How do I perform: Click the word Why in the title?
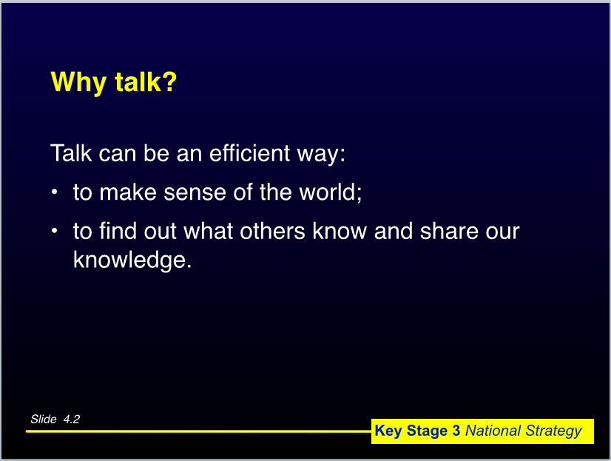78,83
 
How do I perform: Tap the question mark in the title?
169,81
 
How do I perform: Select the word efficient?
250,152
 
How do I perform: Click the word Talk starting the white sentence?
71,152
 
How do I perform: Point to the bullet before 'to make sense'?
55,192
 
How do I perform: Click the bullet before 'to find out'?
55,231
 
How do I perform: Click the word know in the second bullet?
340,231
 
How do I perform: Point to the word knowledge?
132,260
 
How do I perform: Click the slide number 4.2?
72,420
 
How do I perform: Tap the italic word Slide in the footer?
44,420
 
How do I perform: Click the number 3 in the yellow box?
456,431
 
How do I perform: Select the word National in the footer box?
493,431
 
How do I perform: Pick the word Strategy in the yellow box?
553,431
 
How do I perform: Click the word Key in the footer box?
388,431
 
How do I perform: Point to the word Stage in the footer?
427,431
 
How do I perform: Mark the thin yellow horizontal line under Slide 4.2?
198,431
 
